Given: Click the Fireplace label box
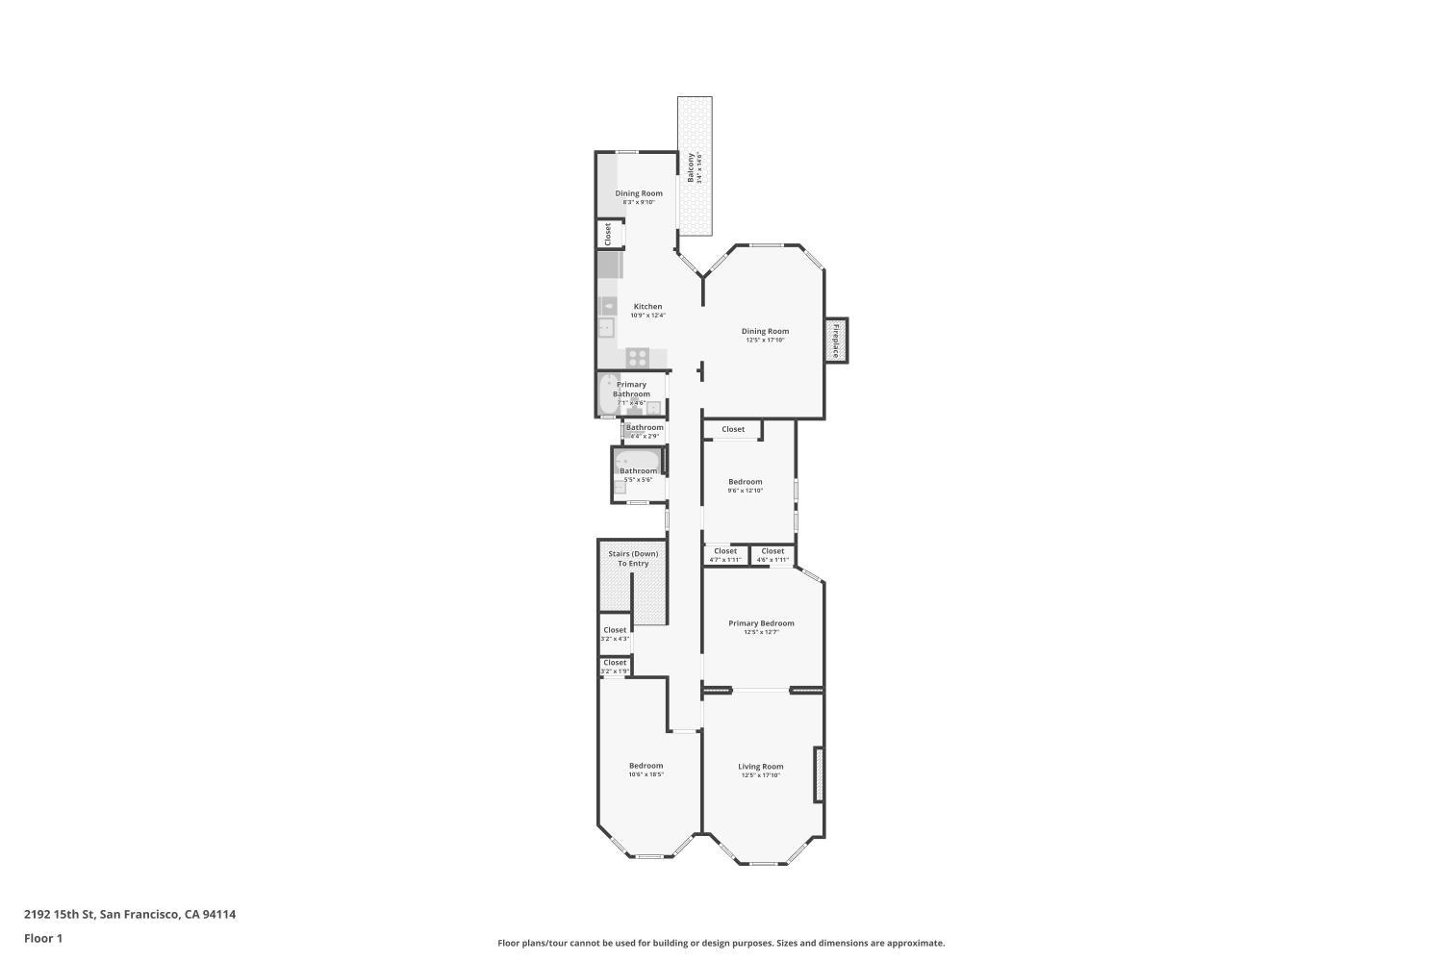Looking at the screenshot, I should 836,341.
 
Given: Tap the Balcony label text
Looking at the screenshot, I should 691,167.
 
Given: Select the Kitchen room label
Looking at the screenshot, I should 647,307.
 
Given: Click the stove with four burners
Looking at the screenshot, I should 637,357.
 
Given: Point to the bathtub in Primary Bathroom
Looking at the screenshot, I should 608,394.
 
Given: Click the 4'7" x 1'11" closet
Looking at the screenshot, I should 725,555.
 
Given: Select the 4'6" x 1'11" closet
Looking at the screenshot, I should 772,555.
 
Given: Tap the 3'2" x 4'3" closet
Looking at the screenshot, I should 615,634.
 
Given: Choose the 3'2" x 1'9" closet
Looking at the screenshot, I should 615,666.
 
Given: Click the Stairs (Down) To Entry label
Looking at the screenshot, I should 633,558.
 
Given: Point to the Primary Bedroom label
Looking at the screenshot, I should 761,623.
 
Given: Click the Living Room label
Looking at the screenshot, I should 761,767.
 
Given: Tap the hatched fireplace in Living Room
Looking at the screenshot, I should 819,774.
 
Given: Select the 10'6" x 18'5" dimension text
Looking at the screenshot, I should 646,774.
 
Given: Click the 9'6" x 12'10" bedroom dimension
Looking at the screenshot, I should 746,491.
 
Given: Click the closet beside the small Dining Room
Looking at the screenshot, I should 608,234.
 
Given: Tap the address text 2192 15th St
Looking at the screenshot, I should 130,915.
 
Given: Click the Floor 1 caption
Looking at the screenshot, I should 43,938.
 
